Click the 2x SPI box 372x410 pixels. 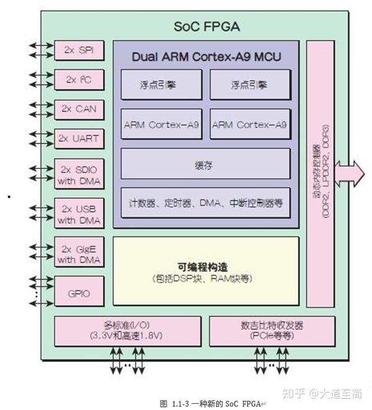click(x=79, y=50)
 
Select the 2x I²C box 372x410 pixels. click(x=79, y=79)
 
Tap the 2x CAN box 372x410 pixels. click(x=79, y=108)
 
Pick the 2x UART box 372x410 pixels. click(x=79, y=137)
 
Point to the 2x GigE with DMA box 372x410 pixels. click(x=79, y=253)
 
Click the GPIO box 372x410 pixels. click(x=79, y=291)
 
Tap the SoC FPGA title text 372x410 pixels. click(x=206, y=27)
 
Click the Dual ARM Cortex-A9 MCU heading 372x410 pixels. click(x=206, y=57)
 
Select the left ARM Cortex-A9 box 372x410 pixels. click(x=161, y=124)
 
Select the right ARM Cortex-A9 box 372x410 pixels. click(x=250, y=124)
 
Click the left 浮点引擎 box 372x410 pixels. click(x=161, y=84)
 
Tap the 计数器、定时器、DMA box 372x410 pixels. click(x=205, y=203)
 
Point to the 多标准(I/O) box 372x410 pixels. click(x=126, y=330)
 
